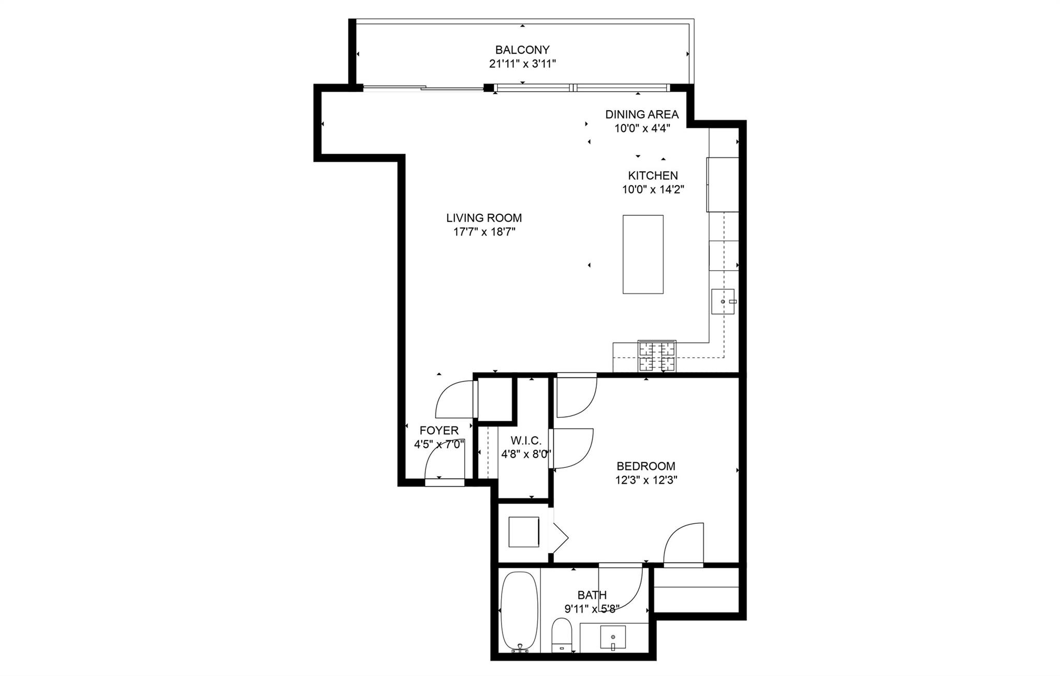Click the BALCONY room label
[522, 50]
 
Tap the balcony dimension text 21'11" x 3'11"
[522, 64]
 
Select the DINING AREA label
[642, 114]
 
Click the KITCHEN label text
[653, 175]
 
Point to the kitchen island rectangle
[643, 254]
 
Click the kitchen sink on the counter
[723, 301]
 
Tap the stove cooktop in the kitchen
[657, 356]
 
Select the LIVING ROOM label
[484, 218]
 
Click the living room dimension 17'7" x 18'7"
[484, 232]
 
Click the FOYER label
[439, 430]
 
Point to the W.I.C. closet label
[526, 440]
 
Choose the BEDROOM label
[646, 466]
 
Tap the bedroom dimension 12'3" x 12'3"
[646, 480]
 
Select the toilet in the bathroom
[561, 635]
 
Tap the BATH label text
[592, 595]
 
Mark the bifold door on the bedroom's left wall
[560, 538]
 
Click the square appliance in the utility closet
[524, 532]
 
